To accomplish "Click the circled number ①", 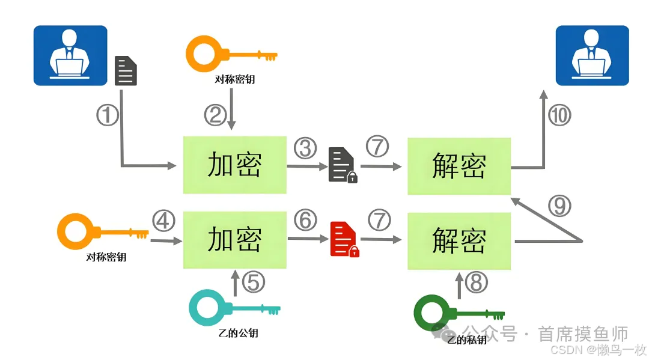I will coord(108,114).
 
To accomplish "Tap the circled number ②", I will coord(215,114).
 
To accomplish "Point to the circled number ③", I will coord(305,147).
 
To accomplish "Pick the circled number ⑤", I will coord(253,281).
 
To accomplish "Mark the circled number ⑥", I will coord(305,221).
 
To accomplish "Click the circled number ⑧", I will coord(477,282).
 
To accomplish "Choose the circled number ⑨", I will coord(559,206).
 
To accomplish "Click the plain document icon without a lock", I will coord(126,70).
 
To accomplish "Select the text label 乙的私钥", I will coord(466,340).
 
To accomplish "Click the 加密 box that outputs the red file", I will coord(234,240).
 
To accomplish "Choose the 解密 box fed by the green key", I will coord(459,240).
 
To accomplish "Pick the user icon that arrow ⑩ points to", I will coord(592,55).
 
